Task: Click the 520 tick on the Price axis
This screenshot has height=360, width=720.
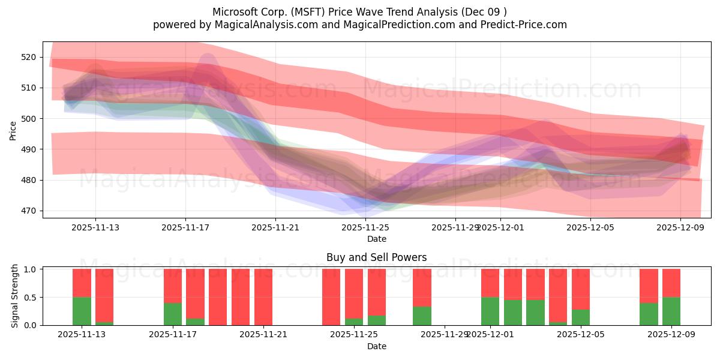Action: pyautogui.click(x=28, y=57)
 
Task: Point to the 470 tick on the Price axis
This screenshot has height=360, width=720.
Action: pyautogui.click(x=28, y=211)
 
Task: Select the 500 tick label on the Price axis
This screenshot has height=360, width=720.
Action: pyautogui.click(x=28, y=119)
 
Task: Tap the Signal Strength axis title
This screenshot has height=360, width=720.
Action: pyautogui.click(x=16, y=296)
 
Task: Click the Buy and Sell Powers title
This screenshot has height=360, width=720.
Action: pyautogui.click(x=376, y=257)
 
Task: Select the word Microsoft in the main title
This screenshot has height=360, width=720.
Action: pyautogui.click(x=235, y=12)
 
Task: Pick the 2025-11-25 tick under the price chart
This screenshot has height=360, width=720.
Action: pyautogui.click(x=365, y=227)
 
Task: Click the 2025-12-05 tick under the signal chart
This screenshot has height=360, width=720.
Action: pyautogui.click(x=581, y=334)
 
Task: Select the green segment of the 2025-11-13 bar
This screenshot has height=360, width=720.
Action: pyautogui.click(x=82, y=311)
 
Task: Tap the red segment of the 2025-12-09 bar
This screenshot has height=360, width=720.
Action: pyautogui.click(x=671, y=283)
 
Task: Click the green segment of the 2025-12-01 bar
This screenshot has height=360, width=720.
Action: pyautogui.click(x=490, y=311)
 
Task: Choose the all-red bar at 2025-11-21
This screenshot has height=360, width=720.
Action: pyautogui.click(x=263, y=297)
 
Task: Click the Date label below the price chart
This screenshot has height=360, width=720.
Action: pyautogui.click(x=376, y=239)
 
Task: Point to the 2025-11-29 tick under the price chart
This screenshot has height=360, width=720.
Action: pyautogui.click(x=455, y=227)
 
